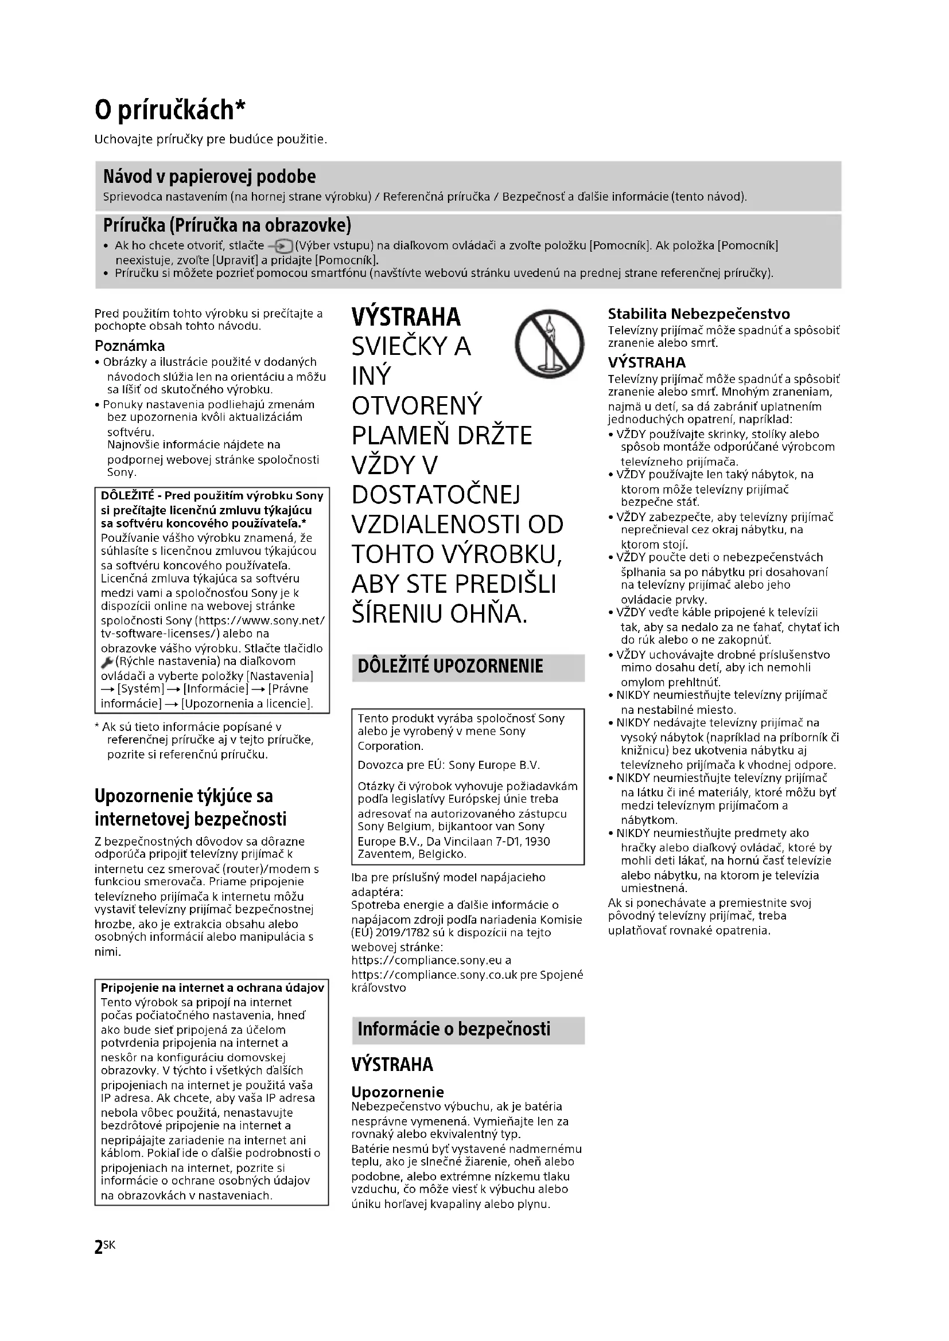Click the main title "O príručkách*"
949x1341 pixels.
coord(170,110)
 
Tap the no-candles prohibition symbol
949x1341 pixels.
coord(549,343)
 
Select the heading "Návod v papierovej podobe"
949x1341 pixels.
coord(209,177)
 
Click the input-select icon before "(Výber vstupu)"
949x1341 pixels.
coord(280,246)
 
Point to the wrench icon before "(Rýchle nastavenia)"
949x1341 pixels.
coord(107,662)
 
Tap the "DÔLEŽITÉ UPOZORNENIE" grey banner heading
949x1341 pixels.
coord(450,666)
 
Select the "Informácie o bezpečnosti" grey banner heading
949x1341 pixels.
coord(453,1029)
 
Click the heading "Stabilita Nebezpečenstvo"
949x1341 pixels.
coord(698,314)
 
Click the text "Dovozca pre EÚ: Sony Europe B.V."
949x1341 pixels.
coord(449,765)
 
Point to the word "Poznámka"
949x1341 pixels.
coord(130,346)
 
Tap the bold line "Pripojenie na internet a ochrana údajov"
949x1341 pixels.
coord(212,988)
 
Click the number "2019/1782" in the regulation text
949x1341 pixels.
coord(404,933)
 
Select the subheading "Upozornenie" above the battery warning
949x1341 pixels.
coord(398,1092)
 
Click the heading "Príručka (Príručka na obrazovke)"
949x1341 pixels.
coord(227,225)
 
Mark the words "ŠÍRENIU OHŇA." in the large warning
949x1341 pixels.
coord(440,613)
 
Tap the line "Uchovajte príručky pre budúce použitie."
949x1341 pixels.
coord(211,139)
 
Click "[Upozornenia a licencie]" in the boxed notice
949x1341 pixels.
coord(247,704)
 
